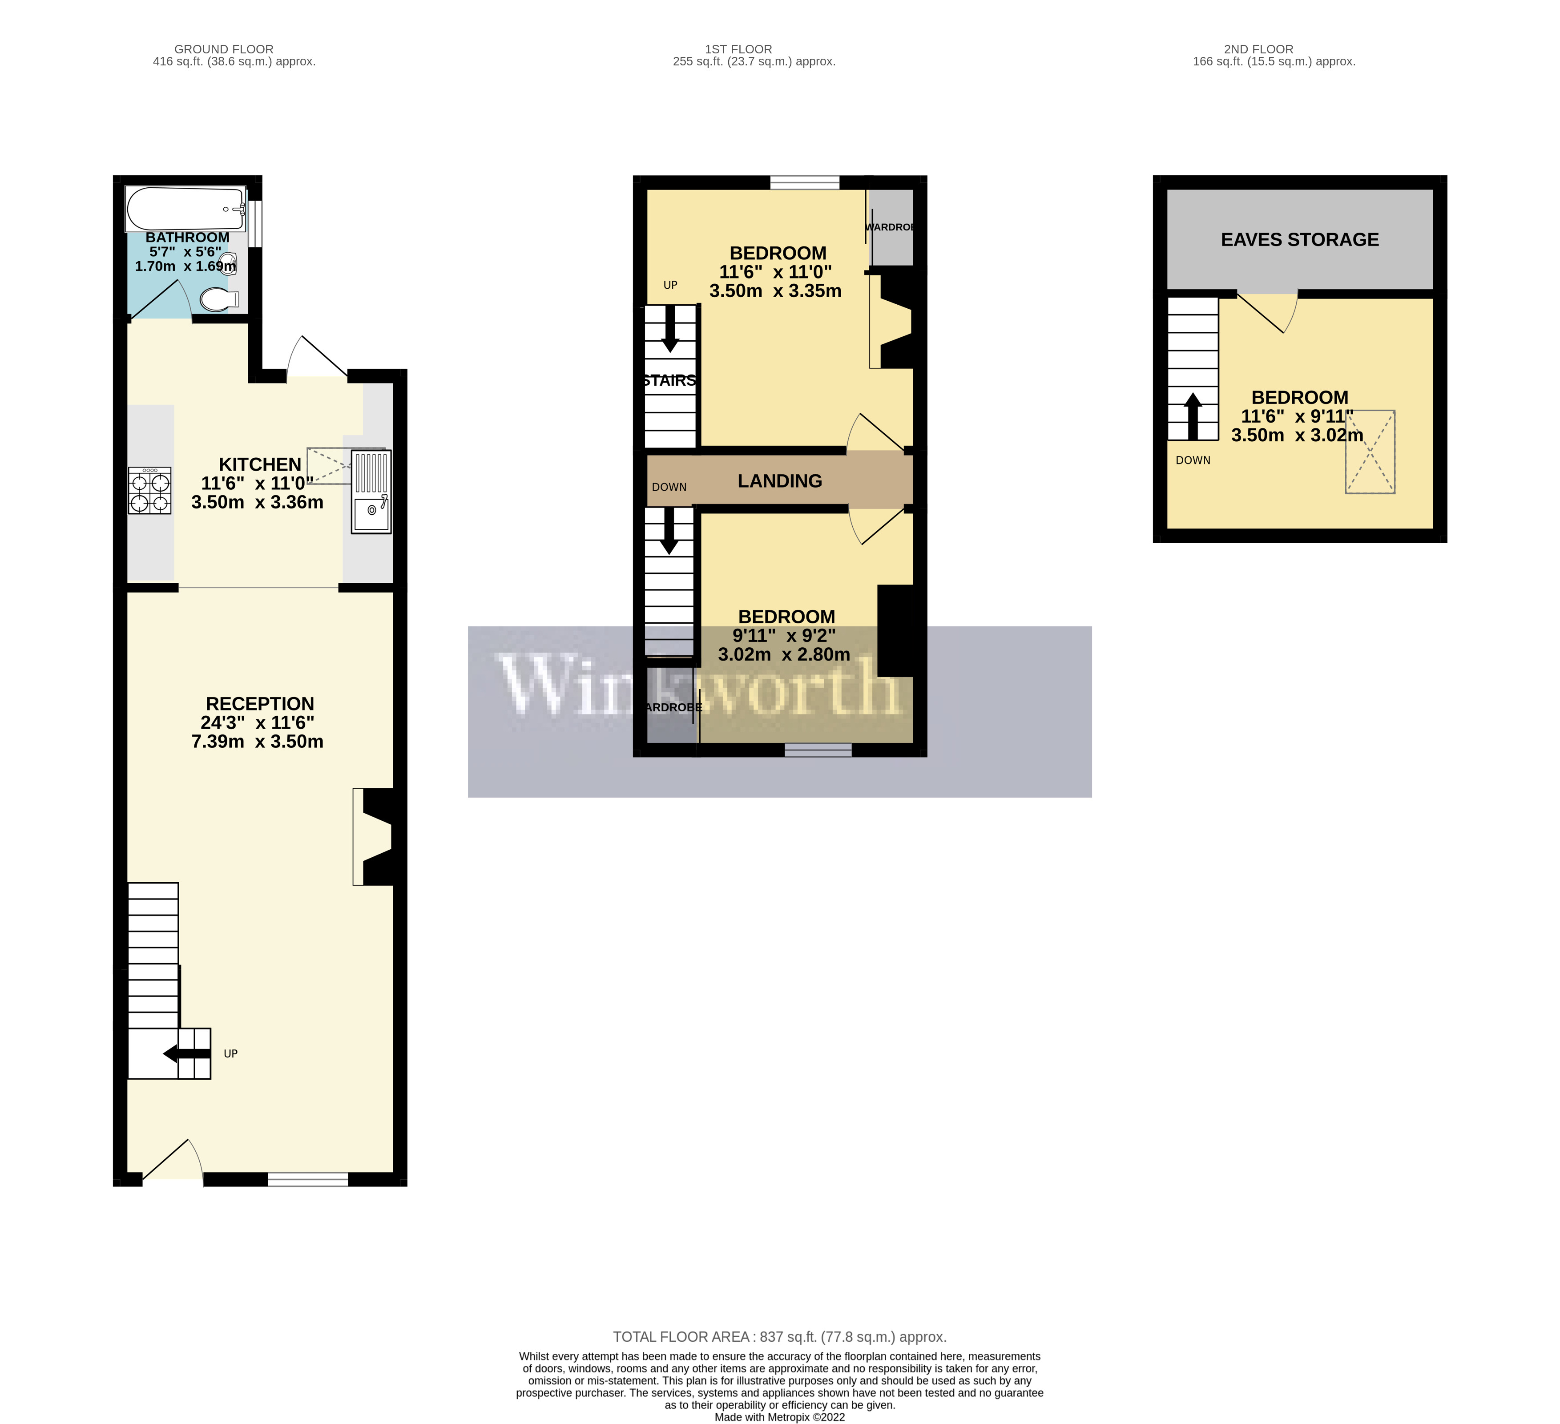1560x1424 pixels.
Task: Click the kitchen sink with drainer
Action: (371, 492)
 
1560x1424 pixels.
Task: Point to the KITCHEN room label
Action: (260, 464)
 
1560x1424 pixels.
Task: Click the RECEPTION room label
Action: (260, 703)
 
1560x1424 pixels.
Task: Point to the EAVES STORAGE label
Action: (1299, 240)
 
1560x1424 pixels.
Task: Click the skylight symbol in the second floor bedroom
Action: (1370, 452)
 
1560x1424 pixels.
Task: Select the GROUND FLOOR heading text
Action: (224, 49)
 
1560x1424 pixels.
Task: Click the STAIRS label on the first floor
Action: (669, 381)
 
